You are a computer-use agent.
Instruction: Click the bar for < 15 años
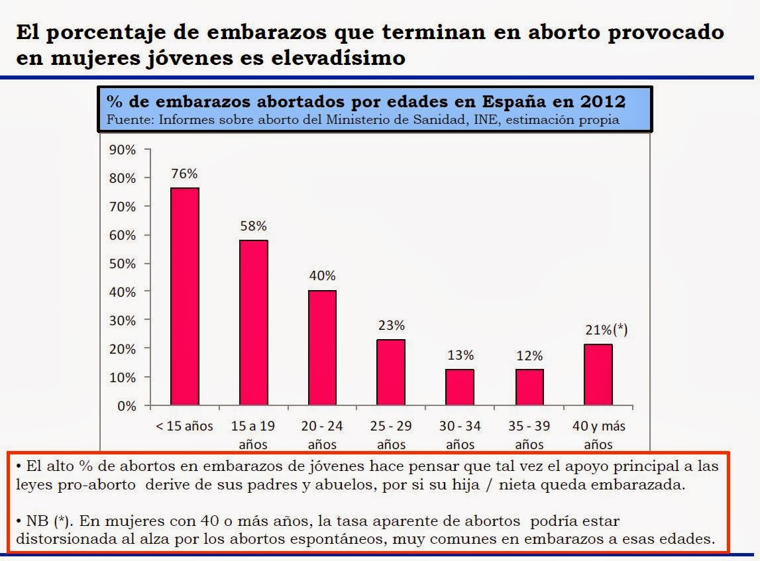click(x=185, y=296)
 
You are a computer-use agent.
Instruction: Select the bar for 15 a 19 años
click(x=254, y=322)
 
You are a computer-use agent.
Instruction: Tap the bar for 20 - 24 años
click(x=323, y=348)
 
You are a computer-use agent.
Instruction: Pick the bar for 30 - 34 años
click(x=460, y=387)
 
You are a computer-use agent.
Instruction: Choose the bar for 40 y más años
click(x=598, y=375)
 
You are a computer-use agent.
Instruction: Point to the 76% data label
click(x=185, y=174)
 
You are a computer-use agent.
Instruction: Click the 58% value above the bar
click(x=254, y=227)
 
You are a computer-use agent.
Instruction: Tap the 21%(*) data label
click(x=605, y=331)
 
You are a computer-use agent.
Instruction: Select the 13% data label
click(x=460, y=356)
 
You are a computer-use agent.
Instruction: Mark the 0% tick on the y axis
click(x=126, y=405)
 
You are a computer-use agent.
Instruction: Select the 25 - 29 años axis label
click(x=391, y=434)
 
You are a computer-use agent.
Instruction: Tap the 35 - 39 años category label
click(x=529, y=434)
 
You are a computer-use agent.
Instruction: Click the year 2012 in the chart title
click(x=602, y=103)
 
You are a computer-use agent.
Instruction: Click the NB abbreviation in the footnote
click(x=36, y=521)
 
